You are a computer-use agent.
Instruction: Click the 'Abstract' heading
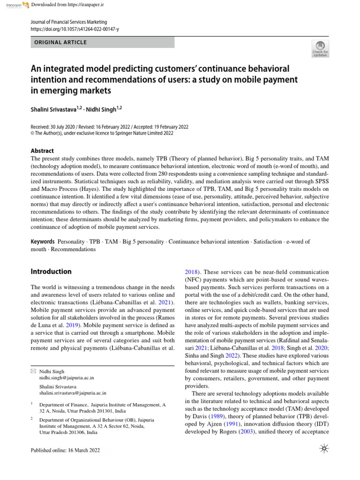click(x=42, y=151)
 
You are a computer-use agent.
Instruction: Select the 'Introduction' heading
click(x=51, y=271)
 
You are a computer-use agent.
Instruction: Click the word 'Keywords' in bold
click(x=43, y=242)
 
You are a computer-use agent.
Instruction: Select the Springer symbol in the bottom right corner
click(x=324, y=450)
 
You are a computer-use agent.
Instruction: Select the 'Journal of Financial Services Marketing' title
click(x=68, y=22)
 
